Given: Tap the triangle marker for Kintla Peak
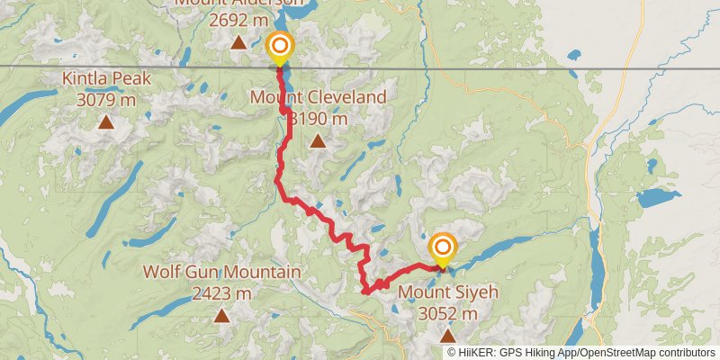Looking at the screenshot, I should [x=106, y=122].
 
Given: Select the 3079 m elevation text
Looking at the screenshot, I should [x=106, y=99].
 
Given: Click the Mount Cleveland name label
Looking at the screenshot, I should [x=319, y=97].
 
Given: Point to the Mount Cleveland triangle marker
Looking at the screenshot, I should [x=318, y=140].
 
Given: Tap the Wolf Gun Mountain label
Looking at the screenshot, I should [x=221, y=272].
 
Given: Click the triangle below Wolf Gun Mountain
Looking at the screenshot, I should [x=221, y=315].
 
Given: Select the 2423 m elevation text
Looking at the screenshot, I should [x=221, y=292].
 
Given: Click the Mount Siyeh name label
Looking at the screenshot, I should [x=447, y=292].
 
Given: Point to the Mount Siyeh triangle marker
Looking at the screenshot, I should [x=447, y=336].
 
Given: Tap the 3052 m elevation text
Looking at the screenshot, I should [x=447, y=313].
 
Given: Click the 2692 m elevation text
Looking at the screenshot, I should [x=238, y=20].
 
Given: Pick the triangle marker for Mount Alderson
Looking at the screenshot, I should [x=238, y=42].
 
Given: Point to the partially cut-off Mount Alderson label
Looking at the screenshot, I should [x=238, y=3].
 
